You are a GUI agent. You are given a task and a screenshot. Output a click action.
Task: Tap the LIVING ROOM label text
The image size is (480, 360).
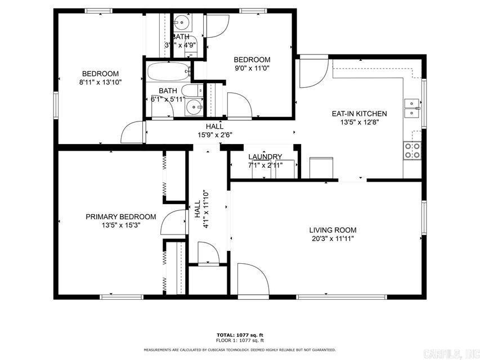[332, 230]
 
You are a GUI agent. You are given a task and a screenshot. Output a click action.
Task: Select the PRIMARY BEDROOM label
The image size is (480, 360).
[120, 217]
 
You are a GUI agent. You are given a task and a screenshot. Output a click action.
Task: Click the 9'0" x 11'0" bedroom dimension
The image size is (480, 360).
[252, 68]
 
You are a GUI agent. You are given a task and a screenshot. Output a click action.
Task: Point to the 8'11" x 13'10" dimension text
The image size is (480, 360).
[100, 82]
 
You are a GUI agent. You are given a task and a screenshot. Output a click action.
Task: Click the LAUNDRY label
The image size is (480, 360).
[264, 157]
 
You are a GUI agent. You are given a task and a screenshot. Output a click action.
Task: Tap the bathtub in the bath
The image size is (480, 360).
[167, 73]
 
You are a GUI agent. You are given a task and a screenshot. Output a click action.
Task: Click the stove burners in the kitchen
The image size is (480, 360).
[412, 150]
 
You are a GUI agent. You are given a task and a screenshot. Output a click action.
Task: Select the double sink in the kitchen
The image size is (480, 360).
[412, 107]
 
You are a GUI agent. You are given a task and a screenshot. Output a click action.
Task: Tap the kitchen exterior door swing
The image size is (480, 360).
[313, 73]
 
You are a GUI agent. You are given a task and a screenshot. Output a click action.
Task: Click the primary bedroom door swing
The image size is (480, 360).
[173, 223]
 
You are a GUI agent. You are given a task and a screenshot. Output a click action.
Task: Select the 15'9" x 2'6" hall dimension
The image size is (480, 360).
[214, 134]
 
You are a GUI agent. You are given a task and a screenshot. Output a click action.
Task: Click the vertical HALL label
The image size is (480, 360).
[198, 210]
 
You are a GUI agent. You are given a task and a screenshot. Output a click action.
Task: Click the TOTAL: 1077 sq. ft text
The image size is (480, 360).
[240, 334]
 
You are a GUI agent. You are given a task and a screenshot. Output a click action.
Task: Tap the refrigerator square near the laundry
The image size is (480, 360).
[322, 167]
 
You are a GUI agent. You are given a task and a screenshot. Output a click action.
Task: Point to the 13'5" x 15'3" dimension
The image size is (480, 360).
[120, 225]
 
